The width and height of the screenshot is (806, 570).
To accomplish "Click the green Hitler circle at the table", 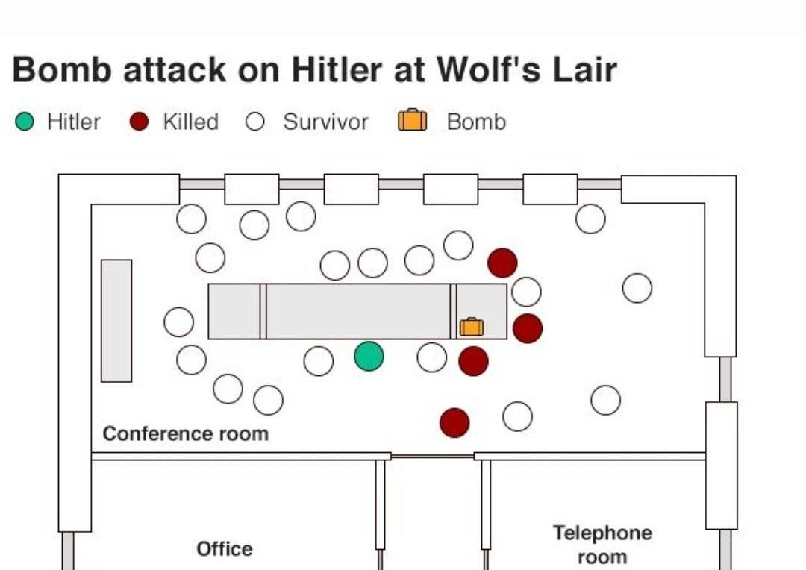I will click(369, 356).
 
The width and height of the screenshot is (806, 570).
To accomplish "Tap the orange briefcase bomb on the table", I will click(472, 327).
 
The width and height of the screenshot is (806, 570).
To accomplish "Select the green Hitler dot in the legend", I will click(25, 122).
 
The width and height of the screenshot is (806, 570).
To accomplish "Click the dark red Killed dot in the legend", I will click(140, 122).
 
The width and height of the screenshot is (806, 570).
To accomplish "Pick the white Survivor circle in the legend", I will click(255, 122).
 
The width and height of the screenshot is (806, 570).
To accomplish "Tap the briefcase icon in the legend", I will click(413, 121).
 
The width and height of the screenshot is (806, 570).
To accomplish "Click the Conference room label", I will click(185, 434).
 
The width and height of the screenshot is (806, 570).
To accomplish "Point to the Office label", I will click(225, 549).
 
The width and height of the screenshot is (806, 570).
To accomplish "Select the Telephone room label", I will click(602, 545).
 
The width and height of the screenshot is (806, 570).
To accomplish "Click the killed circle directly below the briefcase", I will click(473, 361).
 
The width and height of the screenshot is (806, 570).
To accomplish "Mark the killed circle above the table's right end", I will click(502, 263).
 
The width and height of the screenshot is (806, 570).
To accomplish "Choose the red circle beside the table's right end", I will click(528, 328).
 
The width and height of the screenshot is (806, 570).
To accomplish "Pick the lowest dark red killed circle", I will click(454, 423).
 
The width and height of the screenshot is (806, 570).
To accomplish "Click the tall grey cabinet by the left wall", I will click(116, 321).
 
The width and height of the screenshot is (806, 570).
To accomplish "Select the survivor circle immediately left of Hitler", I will click(319, 361).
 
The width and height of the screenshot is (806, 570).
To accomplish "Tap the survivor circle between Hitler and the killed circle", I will click(432, 357).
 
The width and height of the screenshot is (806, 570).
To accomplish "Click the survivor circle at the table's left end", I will click(179, 322).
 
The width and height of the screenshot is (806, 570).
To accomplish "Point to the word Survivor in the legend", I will click(325, 122).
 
